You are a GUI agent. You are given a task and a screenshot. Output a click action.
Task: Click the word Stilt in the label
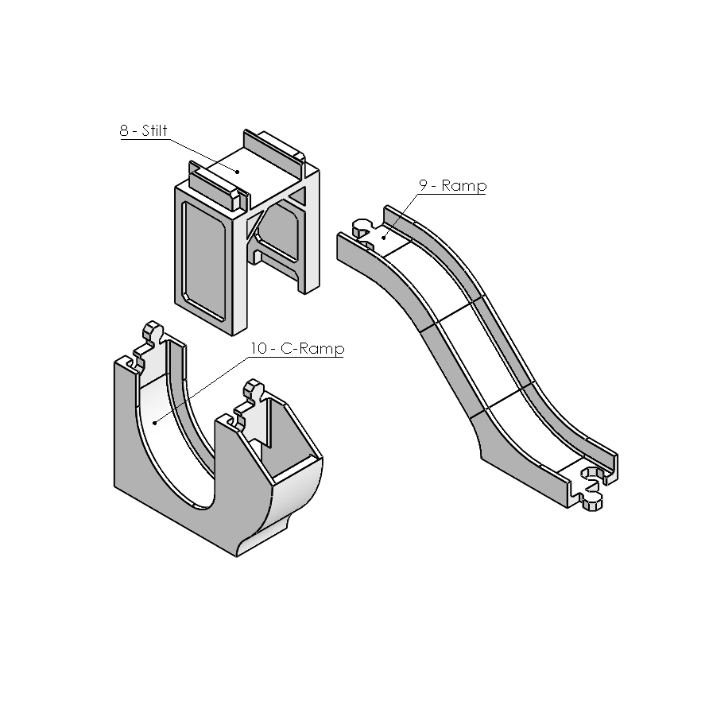(x=154, y=130)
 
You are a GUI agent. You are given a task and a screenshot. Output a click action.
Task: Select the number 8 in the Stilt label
(x=124, y=131)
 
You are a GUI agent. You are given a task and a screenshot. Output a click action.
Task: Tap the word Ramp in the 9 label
(x=464, y=186)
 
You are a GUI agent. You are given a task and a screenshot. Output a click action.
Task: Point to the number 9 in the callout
(x=423, y=184)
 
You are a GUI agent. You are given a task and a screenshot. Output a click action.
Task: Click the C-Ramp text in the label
(x=312, y=348)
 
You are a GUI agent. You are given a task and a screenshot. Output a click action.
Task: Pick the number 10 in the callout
(x=259, y=348)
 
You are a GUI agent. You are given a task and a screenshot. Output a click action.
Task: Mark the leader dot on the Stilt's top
(x=238, y=172)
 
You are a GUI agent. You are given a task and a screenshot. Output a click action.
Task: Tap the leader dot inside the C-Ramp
(x=155, y=423)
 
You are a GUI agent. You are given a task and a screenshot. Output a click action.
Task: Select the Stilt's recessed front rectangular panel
(x=204, y=261)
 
